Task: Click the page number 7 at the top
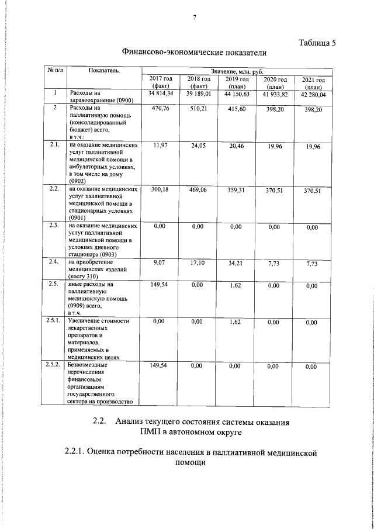point(193,16)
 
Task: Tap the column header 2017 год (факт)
point(160,82)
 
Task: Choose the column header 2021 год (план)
point(313,83)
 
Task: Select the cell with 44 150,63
point(236,94)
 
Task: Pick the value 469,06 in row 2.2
point(199,190)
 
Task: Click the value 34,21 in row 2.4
point(236,263)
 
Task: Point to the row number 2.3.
point(54,225)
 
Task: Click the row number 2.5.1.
point(54,321)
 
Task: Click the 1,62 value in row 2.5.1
point(236,321)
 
